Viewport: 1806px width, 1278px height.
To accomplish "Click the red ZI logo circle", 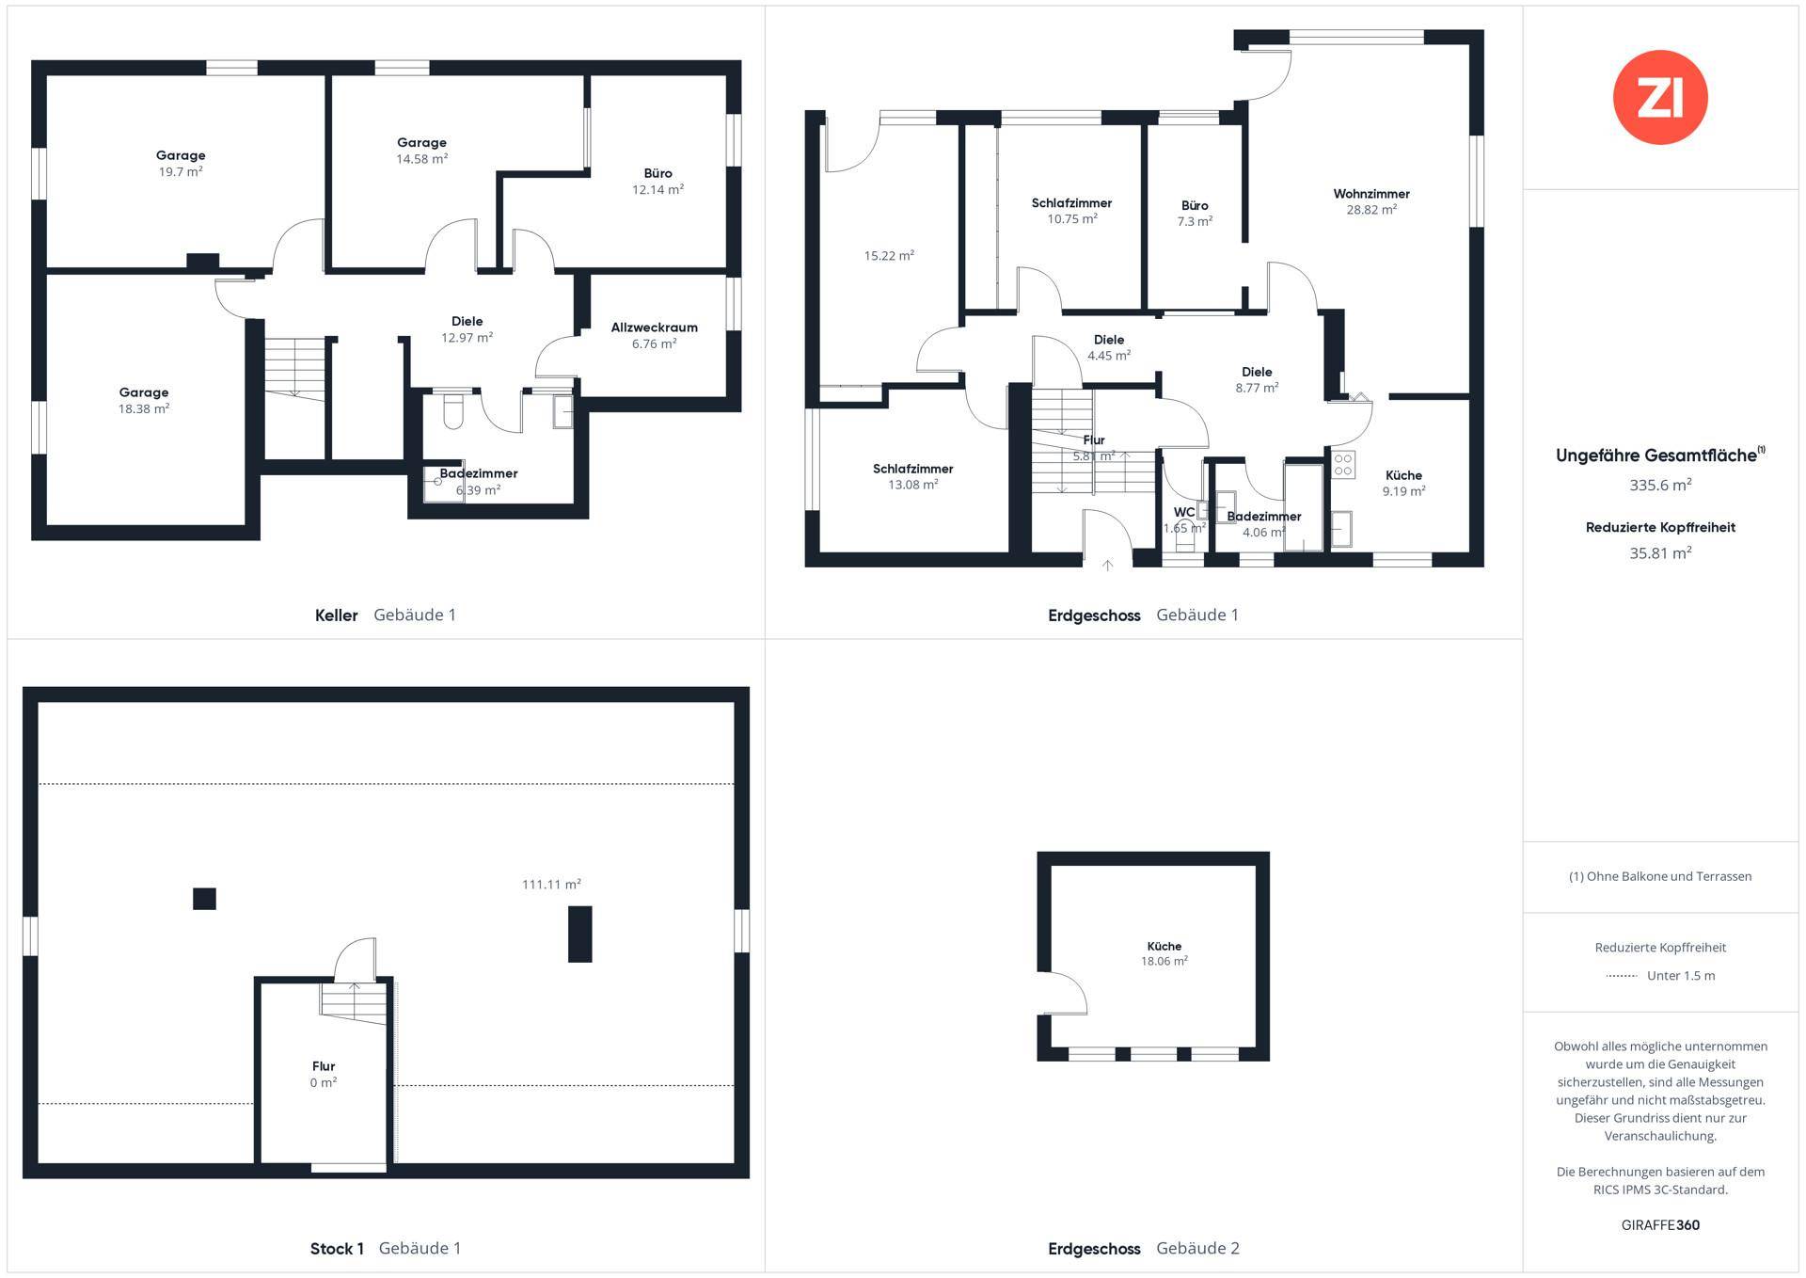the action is pyautogui.click(x=1660, y=97).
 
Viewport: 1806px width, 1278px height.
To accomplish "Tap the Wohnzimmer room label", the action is pyautogui.click(x=1371, y=194).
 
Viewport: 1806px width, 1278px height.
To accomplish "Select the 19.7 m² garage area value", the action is pyautogui.click(x=181, y=172).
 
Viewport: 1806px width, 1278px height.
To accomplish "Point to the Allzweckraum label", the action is pyautogui.click(x=655, y=327).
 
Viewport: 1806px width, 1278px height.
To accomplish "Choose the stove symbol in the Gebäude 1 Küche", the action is pyautogui.click(x=1343, y=464).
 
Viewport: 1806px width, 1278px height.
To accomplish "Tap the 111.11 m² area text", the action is pyautogui.click(x=551, y=885).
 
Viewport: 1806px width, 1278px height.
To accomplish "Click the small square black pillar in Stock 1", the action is pyautogui.click(x=204, y=899).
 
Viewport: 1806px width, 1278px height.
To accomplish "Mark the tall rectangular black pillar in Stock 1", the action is pyautogui.click(x=580, y=934).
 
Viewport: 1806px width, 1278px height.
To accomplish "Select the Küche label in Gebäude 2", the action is pyautogui.click(x=1164, y=946).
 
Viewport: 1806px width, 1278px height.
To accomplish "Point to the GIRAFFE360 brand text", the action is pyautogui.click(x=1660, y=1225).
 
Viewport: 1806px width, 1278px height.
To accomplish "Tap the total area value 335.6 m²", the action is pyautogui.click(x=1660, y=486).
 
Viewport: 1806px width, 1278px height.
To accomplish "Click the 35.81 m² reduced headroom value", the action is pyautogui.click(x=1660, y=553).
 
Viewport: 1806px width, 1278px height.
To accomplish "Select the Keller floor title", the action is pyautogui.click(x=336, y=615).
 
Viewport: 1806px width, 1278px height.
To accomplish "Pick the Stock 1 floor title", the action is pyautogui.click(x=337, y=1249).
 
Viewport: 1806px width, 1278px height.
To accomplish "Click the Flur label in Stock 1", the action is pyautogui.click(x=324, y=1066).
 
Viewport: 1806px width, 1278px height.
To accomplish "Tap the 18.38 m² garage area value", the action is pyautogui.click(x=144, y=409).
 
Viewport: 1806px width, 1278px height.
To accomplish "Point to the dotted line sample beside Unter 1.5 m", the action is pyautogui.click(x=1622, y=976).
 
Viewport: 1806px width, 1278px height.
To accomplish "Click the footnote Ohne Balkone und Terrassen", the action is pyautogui.click(x=1660, y=876).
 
